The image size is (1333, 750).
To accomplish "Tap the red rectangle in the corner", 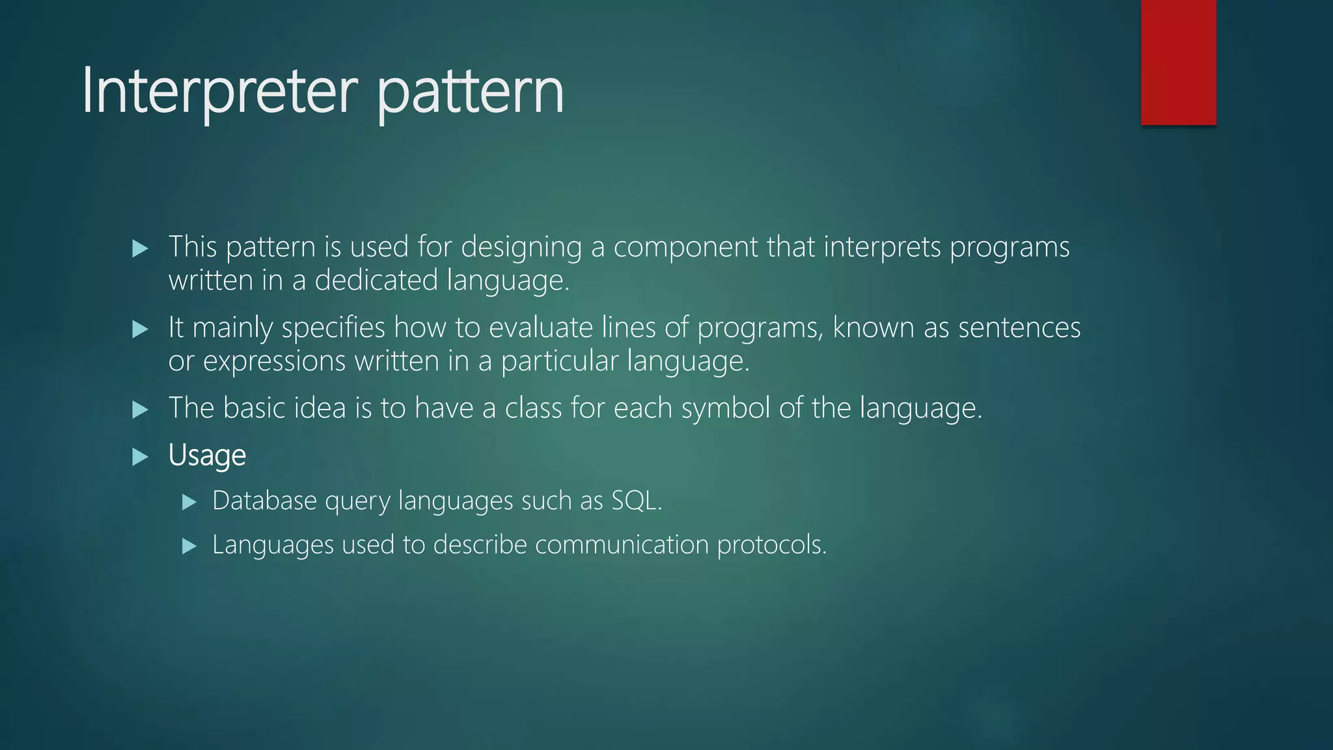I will [x=1178, y=62].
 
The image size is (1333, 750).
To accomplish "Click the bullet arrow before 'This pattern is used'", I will [x=140, y=248].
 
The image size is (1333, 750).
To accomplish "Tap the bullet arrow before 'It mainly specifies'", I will [x=140, y=329].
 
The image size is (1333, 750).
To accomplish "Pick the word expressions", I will [x=274, y=361].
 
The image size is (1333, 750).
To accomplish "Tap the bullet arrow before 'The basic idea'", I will [x=140, y=410].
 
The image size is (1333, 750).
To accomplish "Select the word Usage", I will [x=207, y=455].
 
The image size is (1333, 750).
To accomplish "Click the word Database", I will [x=264, y=501].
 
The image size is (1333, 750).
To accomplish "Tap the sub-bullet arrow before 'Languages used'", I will [x=189, y=546].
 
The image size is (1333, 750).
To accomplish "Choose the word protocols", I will [x=771, y=545].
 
